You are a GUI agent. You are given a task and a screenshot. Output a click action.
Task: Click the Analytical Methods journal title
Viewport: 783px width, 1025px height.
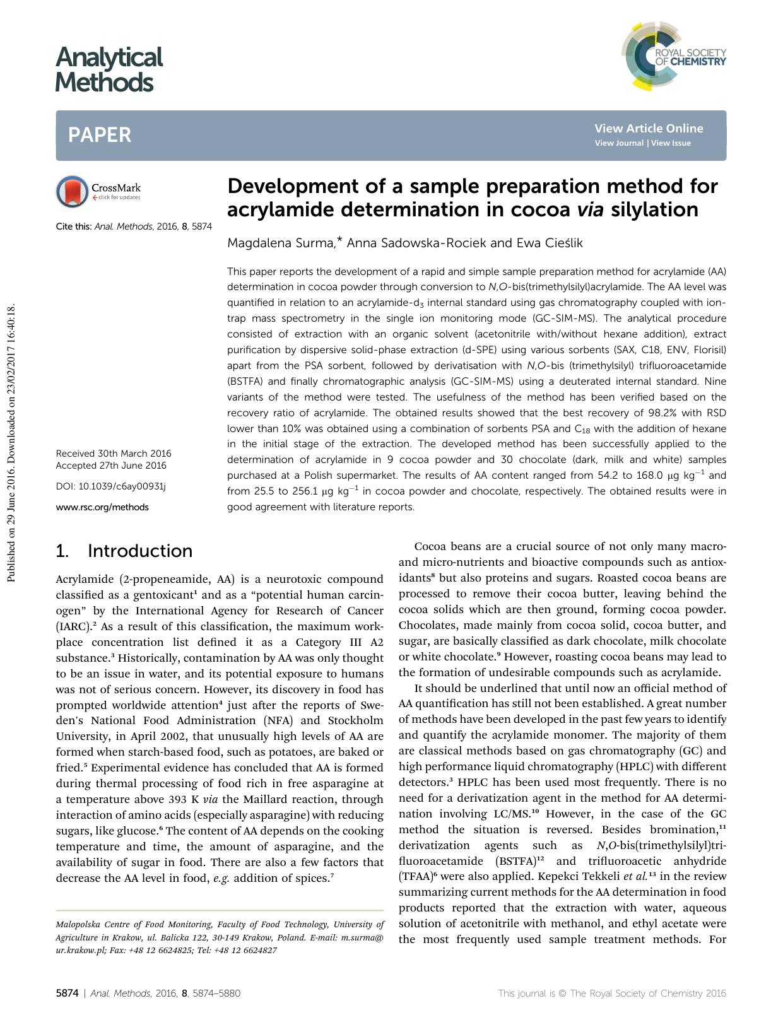tap(109, 69)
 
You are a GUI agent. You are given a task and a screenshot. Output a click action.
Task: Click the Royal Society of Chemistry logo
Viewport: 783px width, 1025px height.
tap(673, 56)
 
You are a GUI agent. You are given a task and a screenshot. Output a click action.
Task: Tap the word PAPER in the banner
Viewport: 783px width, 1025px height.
tap(100, 135)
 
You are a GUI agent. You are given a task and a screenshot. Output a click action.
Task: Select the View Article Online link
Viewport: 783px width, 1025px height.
tap(648, 129)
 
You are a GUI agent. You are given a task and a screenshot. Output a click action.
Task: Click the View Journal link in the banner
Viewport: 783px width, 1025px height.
tap(618, 143)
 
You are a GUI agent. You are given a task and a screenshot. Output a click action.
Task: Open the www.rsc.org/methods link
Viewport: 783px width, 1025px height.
tap(102, 507)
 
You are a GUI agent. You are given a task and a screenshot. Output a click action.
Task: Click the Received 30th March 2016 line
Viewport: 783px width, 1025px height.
tap(114, 454)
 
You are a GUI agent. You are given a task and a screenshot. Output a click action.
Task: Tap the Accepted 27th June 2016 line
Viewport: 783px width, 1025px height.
tap(111, 466)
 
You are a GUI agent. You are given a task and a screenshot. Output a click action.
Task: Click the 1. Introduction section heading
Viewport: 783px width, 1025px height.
tap(124, 551)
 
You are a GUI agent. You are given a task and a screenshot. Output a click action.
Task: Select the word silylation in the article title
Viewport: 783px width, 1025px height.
tap(654, 209)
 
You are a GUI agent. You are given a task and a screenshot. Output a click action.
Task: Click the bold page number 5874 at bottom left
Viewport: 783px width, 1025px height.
tap(67, 993)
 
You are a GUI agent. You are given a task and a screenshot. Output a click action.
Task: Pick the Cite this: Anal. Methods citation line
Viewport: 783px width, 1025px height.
tap(134, 226)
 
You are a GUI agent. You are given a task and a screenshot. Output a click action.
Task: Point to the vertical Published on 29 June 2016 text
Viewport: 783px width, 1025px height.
tap(9, 442)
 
